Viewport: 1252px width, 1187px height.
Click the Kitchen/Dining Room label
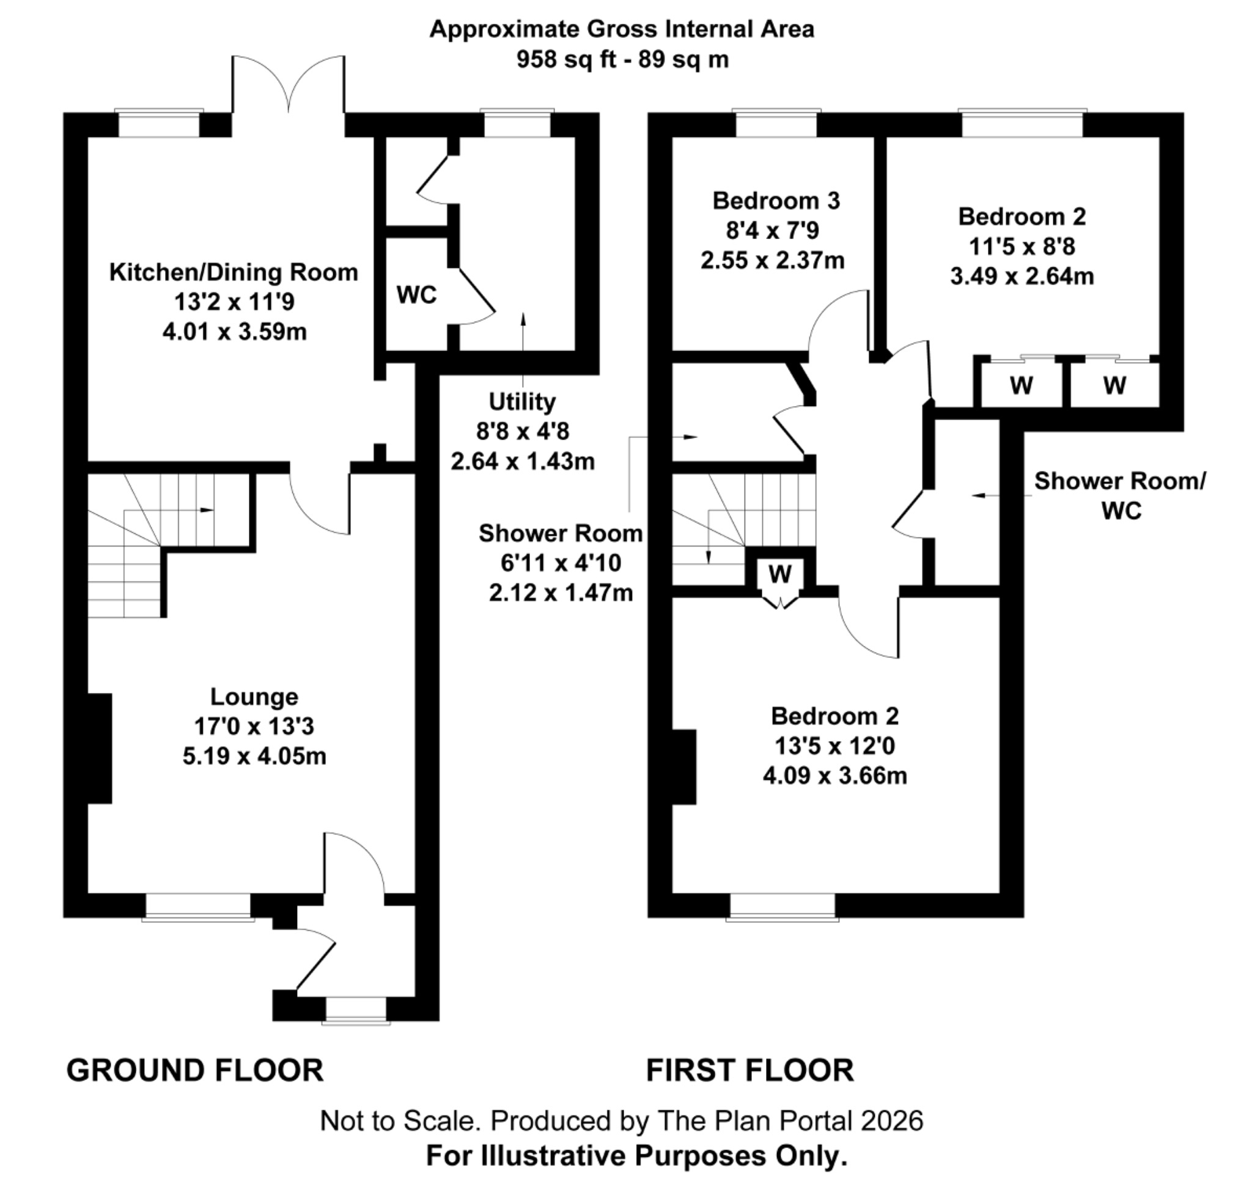[234, 272]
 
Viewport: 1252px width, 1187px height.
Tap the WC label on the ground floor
[416, 295]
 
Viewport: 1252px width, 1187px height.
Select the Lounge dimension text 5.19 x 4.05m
[254, 756]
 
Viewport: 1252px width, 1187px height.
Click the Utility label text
[522, 402]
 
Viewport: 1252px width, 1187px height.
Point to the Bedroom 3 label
[776, 201]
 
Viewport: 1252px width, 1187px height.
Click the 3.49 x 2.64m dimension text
[1022, 276]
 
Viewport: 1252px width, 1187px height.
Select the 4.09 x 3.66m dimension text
[834, 775]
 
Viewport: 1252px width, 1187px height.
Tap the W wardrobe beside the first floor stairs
[780, 574]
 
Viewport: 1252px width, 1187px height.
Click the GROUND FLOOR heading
[195, 1071]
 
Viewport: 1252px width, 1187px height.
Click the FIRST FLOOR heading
[749, 1071]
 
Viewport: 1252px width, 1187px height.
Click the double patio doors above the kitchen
[289, 86]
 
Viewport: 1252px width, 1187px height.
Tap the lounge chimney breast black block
[99, 749]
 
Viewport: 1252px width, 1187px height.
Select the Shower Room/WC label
[1120, 495]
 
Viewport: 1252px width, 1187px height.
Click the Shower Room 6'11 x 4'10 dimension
[560, 563]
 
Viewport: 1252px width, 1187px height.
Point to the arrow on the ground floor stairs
[206, 510]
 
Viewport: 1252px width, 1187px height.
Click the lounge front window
[198, 907]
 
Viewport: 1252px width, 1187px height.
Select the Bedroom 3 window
[776, 124]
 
